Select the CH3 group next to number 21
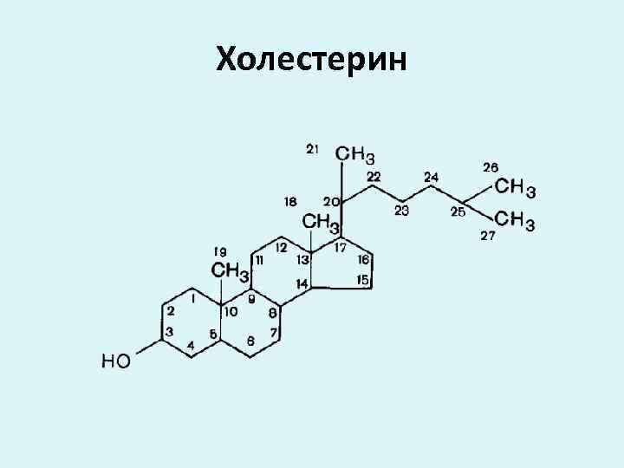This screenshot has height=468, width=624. [355, 154]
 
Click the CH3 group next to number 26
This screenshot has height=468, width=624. [516, 186]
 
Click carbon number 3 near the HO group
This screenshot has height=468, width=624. [169, 332]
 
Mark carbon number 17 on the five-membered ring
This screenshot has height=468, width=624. [340, 248]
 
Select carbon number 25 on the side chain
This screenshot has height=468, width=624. [458, 210]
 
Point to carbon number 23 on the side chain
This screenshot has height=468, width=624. [401, 210]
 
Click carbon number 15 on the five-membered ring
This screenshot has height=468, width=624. [363, 279]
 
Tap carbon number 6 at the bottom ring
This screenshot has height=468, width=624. [250, 341]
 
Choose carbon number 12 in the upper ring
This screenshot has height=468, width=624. [282, 247]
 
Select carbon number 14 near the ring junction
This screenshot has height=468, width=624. [302, 283]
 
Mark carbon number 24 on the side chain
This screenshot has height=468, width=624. [431, 177]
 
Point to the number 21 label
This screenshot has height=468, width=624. [312, 148]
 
